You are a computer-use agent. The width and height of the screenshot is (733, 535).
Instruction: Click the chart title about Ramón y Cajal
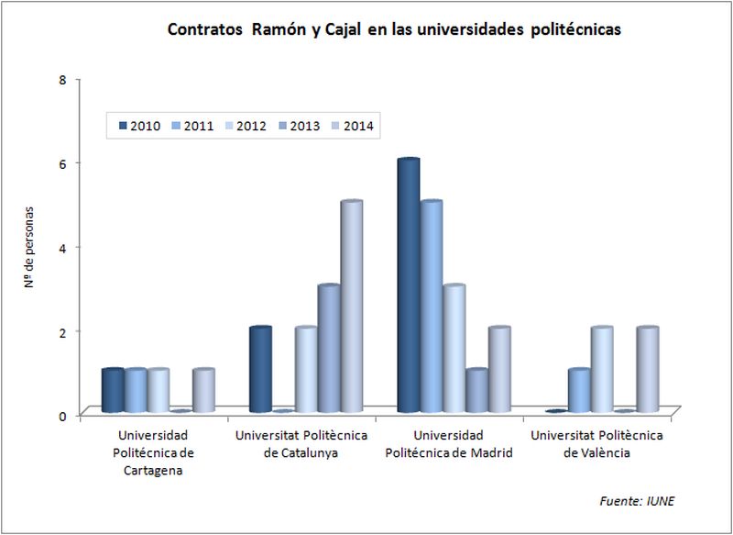coord(394,29)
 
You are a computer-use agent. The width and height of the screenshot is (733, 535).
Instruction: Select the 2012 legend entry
coord(244,126)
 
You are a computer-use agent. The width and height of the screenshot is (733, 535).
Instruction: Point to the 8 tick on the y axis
coord(62,79)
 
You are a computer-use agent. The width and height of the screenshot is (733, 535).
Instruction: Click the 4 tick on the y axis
coord(62,247)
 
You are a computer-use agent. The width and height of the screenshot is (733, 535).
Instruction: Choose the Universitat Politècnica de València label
coord(596,443)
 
